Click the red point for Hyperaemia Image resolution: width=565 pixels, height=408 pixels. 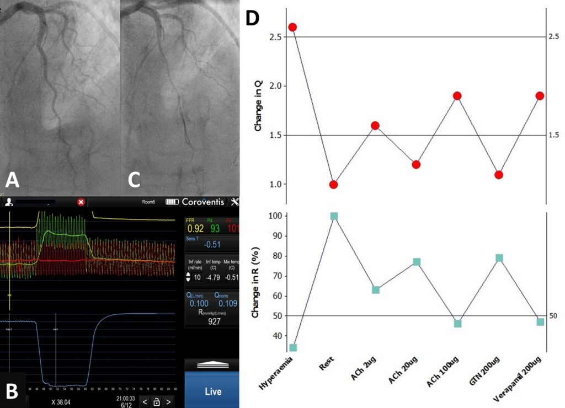coord(292,27)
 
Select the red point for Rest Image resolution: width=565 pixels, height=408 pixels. coord(333,184)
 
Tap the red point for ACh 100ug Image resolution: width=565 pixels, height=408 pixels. coord(457,96)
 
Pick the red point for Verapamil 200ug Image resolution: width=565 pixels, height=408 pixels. coord(540,96)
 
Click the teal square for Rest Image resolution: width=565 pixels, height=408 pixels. coord(333,216)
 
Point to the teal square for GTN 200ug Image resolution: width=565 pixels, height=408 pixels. coord(499,258)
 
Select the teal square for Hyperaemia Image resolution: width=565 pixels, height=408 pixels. coord(292,347)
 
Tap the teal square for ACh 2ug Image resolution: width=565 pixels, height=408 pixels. coord(375,289)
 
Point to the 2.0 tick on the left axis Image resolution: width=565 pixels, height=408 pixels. coord(276,86)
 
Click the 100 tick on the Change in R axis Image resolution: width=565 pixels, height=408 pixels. coord(274,216)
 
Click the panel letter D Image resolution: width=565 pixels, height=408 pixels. coord(252,18)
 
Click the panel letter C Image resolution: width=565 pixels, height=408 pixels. coord(135,180)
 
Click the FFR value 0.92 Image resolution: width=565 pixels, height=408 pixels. coord(196,228)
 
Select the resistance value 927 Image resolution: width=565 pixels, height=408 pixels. coord(212,321)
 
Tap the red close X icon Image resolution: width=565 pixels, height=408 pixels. coord(81,202)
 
